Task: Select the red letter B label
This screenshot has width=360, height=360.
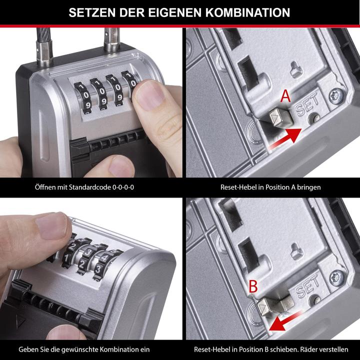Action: (x=253, y=286)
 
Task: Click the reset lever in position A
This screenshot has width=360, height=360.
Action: (x=276, y=119)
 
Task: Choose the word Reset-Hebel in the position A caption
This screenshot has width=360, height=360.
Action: (x=237, y=187)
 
